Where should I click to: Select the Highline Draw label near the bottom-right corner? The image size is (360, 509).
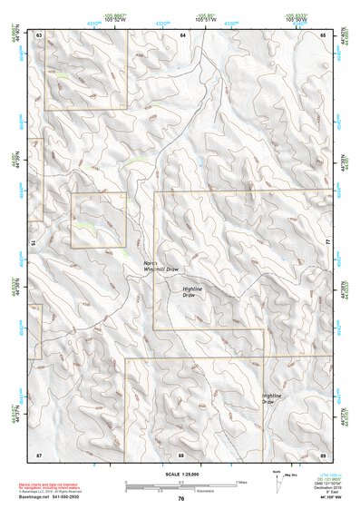click(271, 398)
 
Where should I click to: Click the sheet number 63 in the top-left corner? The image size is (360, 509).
click(39, 34)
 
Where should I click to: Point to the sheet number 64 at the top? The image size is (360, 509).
click(182, 34)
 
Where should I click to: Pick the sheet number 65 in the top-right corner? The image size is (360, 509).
click(324, 34)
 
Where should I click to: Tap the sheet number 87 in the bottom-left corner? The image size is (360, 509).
click(39, 453)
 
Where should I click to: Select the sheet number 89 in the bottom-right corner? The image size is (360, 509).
click(323, 453)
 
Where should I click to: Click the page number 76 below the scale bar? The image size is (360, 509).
click(181, 498)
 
